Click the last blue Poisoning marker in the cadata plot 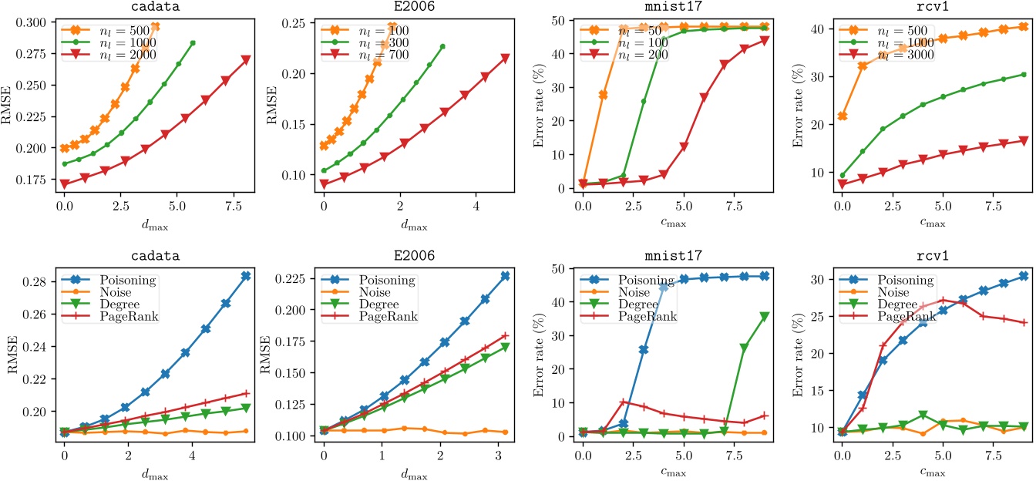[245, 276]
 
